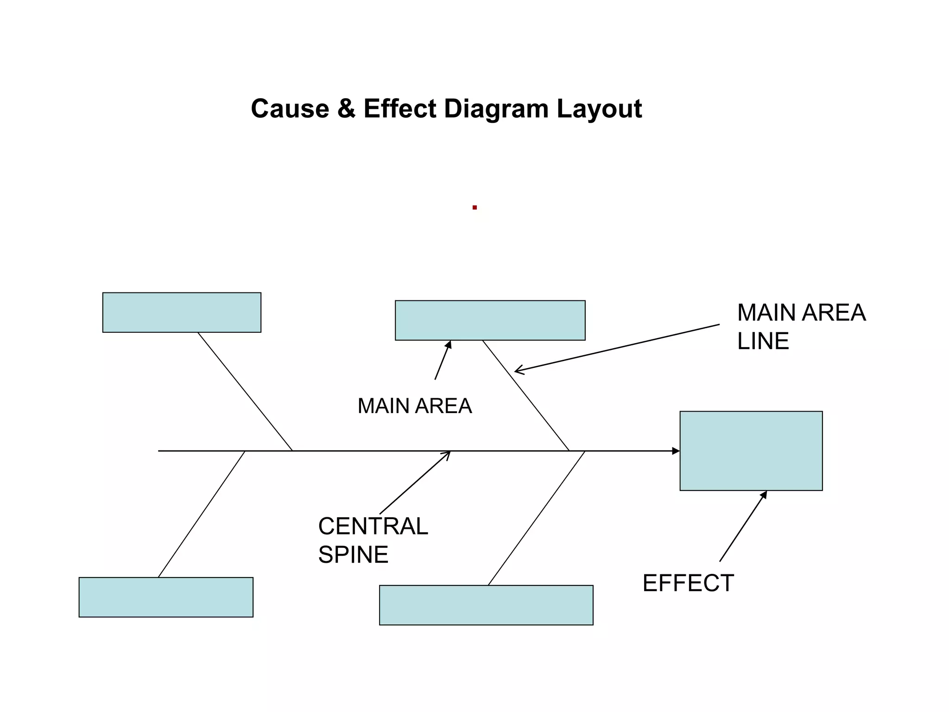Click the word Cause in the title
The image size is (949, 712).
[x=290, y=109]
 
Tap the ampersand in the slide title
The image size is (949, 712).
[x=346, y=109]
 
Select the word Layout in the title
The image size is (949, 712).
[x=599, y=109]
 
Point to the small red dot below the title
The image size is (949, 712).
[x=474, y=208]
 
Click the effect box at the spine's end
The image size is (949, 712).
[x=751, y=451]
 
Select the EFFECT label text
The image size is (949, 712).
[x=688, y=583]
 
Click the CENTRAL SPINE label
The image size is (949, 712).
[x=373, y=540]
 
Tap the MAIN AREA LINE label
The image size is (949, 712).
[x=801, y=326]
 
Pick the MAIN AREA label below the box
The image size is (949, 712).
[x=414, y=406]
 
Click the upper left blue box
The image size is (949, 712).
[x=182, y=312]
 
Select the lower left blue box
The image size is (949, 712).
[x=166, y=597]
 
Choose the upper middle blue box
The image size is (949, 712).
[x=490, y=320]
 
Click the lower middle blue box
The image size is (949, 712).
[x=486, y=605]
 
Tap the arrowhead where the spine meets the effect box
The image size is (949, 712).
[x=676, y=451]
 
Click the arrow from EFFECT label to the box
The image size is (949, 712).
[x=743, y=527]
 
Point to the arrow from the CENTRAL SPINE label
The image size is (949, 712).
[x=415, y=483]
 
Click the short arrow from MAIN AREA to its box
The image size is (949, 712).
[x=443, y=361]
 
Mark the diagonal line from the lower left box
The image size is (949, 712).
[x=202, y=514]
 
